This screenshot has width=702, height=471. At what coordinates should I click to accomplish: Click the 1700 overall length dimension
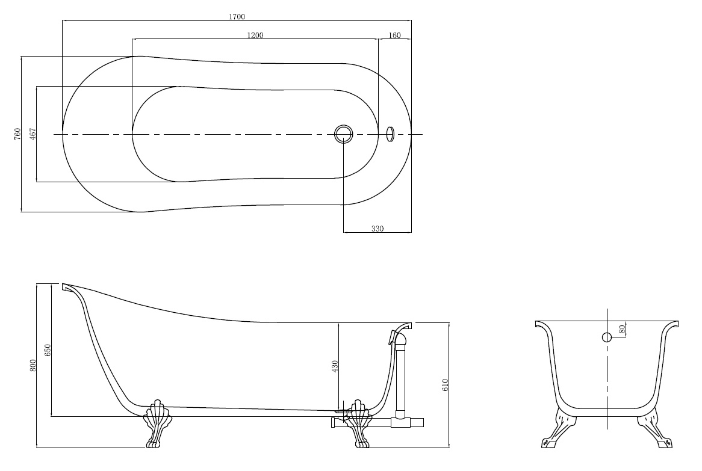237,17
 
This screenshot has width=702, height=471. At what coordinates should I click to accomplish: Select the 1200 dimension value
255,35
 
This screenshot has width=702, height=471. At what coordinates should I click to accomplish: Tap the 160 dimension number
394,35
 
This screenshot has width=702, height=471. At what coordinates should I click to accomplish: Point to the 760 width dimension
17,134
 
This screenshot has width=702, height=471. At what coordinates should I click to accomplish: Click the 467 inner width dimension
33,134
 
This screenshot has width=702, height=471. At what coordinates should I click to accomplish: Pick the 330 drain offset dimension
377,229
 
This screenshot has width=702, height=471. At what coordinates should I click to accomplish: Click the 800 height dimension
33,366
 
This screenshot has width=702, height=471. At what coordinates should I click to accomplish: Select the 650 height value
48,349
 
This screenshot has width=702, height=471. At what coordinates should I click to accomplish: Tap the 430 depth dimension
335,367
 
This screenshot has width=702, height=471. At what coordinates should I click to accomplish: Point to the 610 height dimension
445,385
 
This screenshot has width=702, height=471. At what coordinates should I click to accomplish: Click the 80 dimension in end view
621,329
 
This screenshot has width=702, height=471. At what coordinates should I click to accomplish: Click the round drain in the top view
343,134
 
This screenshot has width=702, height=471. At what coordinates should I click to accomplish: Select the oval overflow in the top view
390,134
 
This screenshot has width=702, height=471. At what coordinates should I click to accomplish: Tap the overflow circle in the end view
607,337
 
